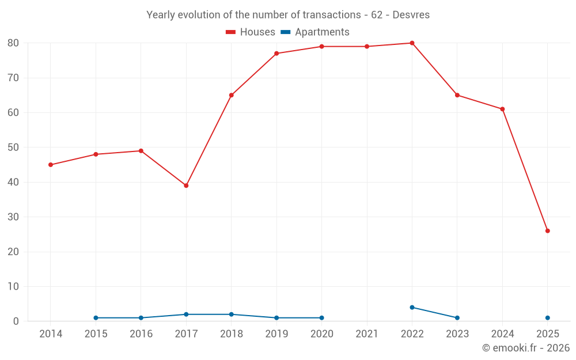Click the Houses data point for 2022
(x=412, y=43)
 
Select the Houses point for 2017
(x=186, y=185)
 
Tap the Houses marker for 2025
(x=548, y=231)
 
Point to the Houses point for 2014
(x=51, y=165)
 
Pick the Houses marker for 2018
(x=231, y=95)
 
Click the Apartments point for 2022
(x=412, y=308)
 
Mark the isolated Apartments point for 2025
(x=548, y=318)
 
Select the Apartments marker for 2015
(x=96, y=318)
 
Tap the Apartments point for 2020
(x=321, y=318)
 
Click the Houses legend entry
(x=251, y=32)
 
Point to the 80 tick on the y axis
(x=13, y=43)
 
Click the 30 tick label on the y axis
(x=13, y=217)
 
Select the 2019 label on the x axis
(x=276, y=334)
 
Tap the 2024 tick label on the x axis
(x=502, y=334)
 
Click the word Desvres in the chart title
(x=411, y=15)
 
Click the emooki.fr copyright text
(x=526, y=348)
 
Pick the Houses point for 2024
(x=502, y=109)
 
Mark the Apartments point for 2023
(x=457, y=318)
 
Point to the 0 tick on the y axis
(x=16, y=321)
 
